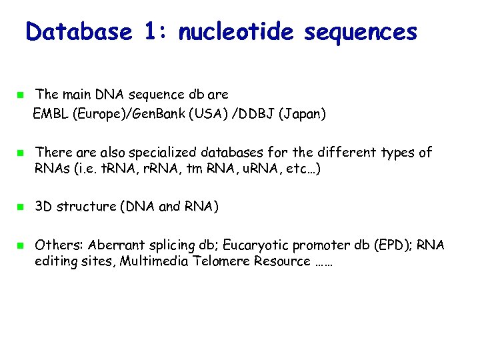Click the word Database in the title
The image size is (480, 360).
79,31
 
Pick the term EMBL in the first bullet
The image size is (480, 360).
51,115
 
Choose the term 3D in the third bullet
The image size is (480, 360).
44,207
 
